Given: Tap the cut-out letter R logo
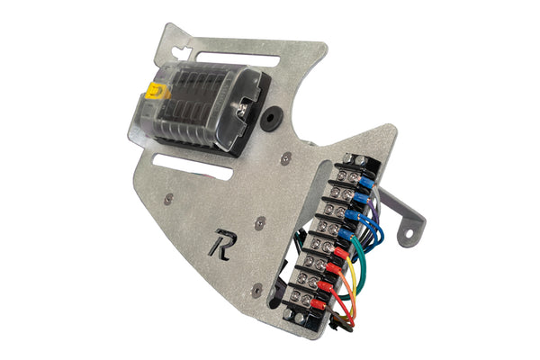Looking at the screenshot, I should click(220, 245).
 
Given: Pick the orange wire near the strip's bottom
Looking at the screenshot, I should click(347, 306).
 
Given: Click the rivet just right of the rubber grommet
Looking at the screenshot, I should click(286, 157).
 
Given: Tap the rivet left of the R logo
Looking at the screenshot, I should click(168, 197).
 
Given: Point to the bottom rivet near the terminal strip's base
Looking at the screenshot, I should click(257, 289).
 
